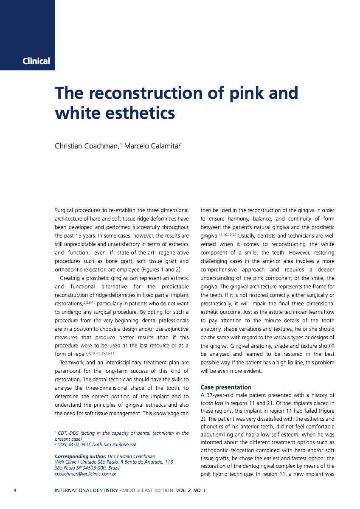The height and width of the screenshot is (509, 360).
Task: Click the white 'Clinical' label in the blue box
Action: coord(36,61)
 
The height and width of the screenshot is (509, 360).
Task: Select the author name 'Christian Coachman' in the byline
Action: coord(87,146)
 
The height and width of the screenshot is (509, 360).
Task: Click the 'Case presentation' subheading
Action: coord(225,387)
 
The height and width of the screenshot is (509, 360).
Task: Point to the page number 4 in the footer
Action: coord(15,491)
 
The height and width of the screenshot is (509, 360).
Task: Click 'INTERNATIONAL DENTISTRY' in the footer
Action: coord(86,491)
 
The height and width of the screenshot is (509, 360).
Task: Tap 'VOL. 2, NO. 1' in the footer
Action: coord(191,491)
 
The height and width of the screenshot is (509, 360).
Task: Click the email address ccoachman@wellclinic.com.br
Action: coord(86,473)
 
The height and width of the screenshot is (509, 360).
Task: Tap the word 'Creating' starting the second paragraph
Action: coord(72,278)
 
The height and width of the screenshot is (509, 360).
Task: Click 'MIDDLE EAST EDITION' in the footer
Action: coord(147,491)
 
